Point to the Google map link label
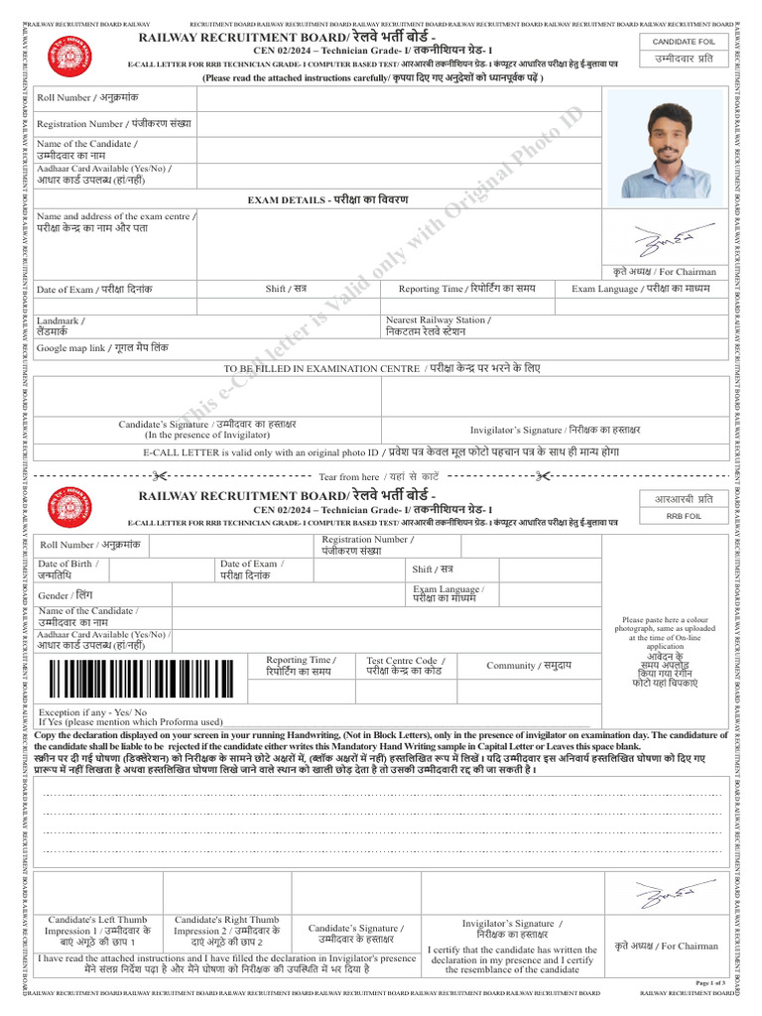pyautogui.click(x=102, y=348)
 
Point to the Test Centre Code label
pyautogui.click(x=405, y=666)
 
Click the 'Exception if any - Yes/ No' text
pyautogui.click(x=92, y=712)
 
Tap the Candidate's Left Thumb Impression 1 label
pyautogui.click(x=97, y=932)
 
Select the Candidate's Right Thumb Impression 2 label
pyautogui.click(x=227, y=932)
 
